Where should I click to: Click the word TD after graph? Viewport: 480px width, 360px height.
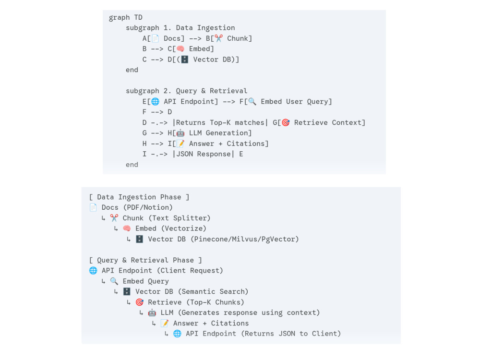[138, 17]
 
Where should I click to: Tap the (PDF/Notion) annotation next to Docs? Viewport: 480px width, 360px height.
[148, 207]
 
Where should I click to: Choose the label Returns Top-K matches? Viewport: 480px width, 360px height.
[220, 122]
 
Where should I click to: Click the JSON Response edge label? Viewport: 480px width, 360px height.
[203, 154]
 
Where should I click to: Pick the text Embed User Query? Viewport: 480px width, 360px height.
[296, 102]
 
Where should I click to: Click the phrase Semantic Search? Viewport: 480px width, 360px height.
[214, 291]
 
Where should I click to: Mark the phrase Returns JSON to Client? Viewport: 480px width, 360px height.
[291, 334]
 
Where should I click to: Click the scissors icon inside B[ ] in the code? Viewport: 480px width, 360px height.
[218, 38]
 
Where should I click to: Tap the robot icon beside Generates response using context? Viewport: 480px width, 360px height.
[152, 312]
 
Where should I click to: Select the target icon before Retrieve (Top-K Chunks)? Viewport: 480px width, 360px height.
[139, 302]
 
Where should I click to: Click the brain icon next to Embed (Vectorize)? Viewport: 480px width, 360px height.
[127, 228]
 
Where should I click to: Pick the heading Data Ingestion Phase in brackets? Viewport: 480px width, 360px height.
[139, 197]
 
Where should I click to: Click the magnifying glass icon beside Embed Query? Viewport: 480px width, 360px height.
[114, 281]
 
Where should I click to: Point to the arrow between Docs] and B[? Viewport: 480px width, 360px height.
[195, 38]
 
